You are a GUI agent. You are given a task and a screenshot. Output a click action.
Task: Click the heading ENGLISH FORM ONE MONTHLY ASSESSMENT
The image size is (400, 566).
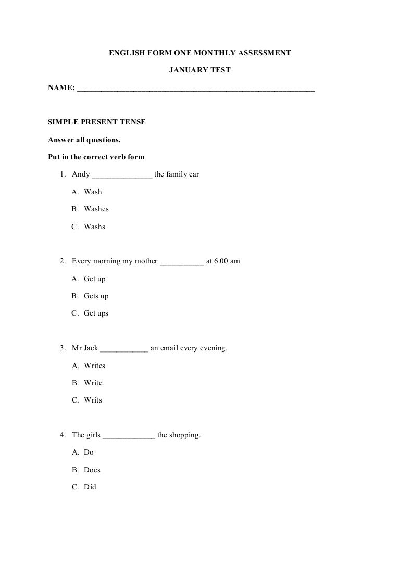(x=199, y=53)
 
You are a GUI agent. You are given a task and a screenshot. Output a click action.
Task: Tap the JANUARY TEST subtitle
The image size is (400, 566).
(x=200, y=70)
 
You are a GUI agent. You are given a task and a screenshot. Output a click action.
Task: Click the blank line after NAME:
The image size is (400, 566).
(x=196, y=90)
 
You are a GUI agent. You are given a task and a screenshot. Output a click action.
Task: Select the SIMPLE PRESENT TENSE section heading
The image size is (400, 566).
(x=97, y=122)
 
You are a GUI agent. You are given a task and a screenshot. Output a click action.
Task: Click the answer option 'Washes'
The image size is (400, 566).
(x=96, y=209)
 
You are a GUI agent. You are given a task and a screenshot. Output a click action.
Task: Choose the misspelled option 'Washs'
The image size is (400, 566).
(x=94, y=227)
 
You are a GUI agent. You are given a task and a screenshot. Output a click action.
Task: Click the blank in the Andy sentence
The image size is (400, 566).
(x=122, y=175)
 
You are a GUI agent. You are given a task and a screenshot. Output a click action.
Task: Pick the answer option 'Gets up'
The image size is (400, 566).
(x=96, y=296)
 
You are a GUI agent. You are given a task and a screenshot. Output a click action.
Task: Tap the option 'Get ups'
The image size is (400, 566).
(x=96, y=313)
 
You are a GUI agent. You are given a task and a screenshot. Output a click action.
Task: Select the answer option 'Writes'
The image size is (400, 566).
(x=94, y=366)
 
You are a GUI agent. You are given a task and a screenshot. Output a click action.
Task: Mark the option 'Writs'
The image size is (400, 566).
(x=93, y=400)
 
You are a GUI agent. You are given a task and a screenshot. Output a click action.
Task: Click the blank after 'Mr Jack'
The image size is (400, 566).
(x=124, y=348)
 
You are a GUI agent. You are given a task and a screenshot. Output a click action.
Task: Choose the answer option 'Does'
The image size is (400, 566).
(x=92, y=470)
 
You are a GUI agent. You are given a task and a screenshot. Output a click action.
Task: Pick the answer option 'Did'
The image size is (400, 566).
(x=90, y=487)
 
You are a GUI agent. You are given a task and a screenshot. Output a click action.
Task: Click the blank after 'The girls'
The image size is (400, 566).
(x=129, y=435)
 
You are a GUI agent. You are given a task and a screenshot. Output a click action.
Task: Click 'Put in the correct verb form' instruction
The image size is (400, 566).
(x=96, y=157)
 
